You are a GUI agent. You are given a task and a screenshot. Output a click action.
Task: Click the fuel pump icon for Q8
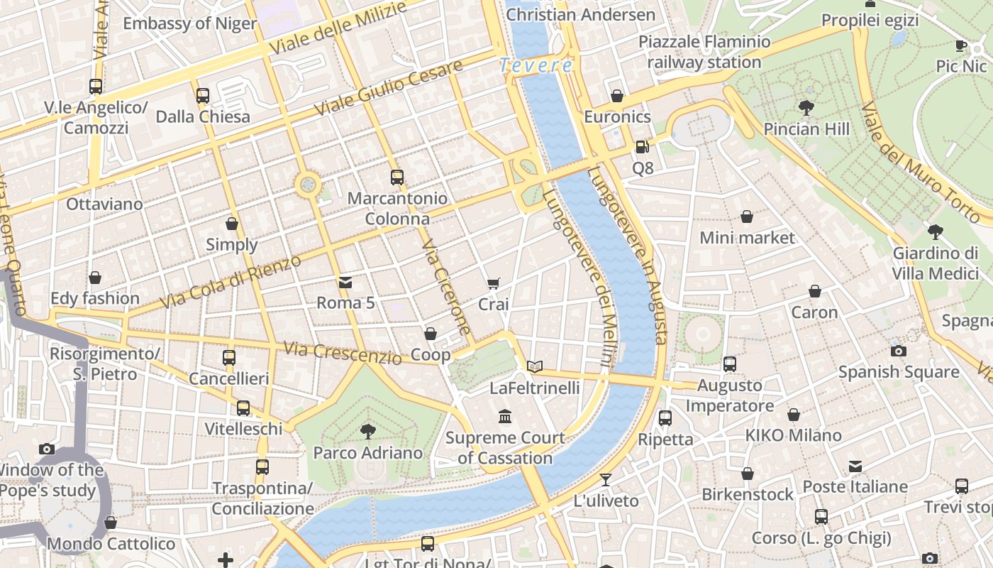point(642,147)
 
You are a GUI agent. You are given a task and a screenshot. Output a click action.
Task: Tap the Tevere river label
point(536,65)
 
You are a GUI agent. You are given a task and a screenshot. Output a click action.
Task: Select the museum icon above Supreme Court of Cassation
point(505,416)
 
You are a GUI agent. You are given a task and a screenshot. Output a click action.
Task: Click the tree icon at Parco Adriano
point(367,431)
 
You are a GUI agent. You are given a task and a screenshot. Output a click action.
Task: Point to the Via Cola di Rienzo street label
point(231,282)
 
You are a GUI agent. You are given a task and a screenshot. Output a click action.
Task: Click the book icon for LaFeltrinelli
point(535,366)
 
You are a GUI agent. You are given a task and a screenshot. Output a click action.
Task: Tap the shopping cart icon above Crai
point(494,283)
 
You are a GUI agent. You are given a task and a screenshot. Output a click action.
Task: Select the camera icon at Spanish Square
point(898,351)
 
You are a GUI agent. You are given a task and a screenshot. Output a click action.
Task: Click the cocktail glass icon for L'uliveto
point(606,479)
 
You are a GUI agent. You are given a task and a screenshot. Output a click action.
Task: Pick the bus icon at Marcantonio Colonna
point(397,177)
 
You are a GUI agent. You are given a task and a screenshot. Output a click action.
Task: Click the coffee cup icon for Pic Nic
point(961,45)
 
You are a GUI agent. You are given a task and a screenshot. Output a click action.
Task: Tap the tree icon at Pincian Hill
point(806,108)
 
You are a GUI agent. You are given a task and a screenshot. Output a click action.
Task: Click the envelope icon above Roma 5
point(345,283)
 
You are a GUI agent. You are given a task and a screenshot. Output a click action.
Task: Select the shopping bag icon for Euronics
point(617,96)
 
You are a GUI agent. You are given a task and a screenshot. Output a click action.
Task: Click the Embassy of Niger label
point(189,23)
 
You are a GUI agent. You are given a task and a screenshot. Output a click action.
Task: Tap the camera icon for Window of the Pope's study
point(47,449)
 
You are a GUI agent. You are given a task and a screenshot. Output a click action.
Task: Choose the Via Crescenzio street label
point(343,352)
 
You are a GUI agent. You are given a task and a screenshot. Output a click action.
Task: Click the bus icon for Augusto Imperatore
point(730,364)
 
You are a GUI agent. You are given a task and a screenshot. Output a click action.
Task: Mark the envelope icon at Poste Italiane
point(855,466)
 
